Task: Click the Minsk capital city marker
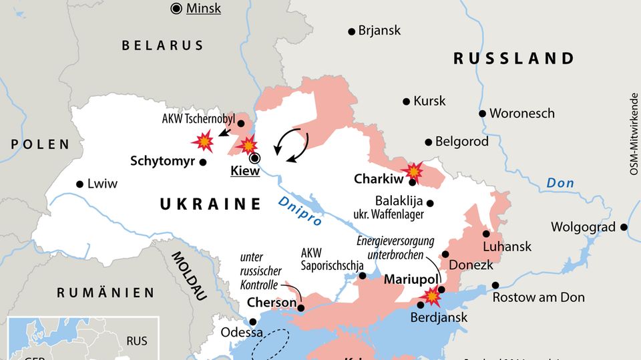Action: click(176, 9)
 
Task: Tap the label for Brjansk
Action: click(379, 30)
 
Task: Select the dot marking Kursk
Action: click(406, 102)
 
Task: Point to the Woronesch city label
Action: click(521, 113)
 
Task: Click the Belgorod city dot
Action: click(428, 142)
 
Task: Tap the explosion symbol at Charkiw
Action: click(414, 171)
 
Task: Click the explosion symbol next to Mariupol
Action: click(434, 295)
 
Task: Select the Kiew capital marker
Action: click(254, 158)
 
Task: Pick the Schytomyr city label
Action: click(162, 161)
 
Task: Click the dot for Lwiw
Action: click(80, 184)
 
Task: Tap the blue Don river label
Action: click(560, 182)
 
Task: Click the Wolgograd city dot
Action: click(624, 227)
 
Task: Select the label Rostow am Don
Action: click(538, 297)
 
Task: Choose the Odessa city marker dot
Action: click(252, 322)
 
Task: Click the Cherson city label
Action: click(271, 303)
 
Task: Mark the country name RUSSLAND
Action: click(513, 58)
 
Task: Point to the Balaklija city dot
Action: click(430, 203)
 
